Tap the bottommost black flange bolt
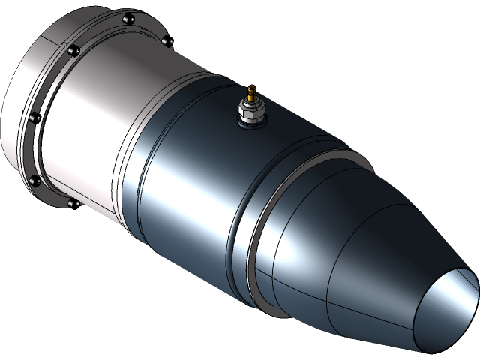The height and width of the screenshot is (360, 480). [73, 202]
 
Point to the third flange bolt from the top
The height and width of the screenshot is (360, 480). [73, 51]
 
